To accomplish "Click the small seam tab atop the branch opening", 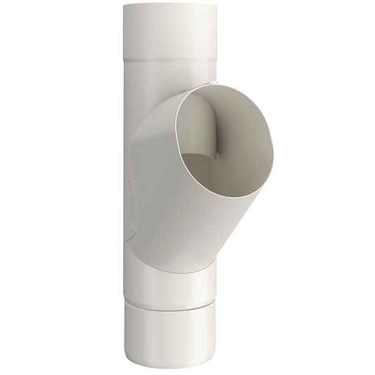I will pyautogui.click(x=209, y=86).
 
